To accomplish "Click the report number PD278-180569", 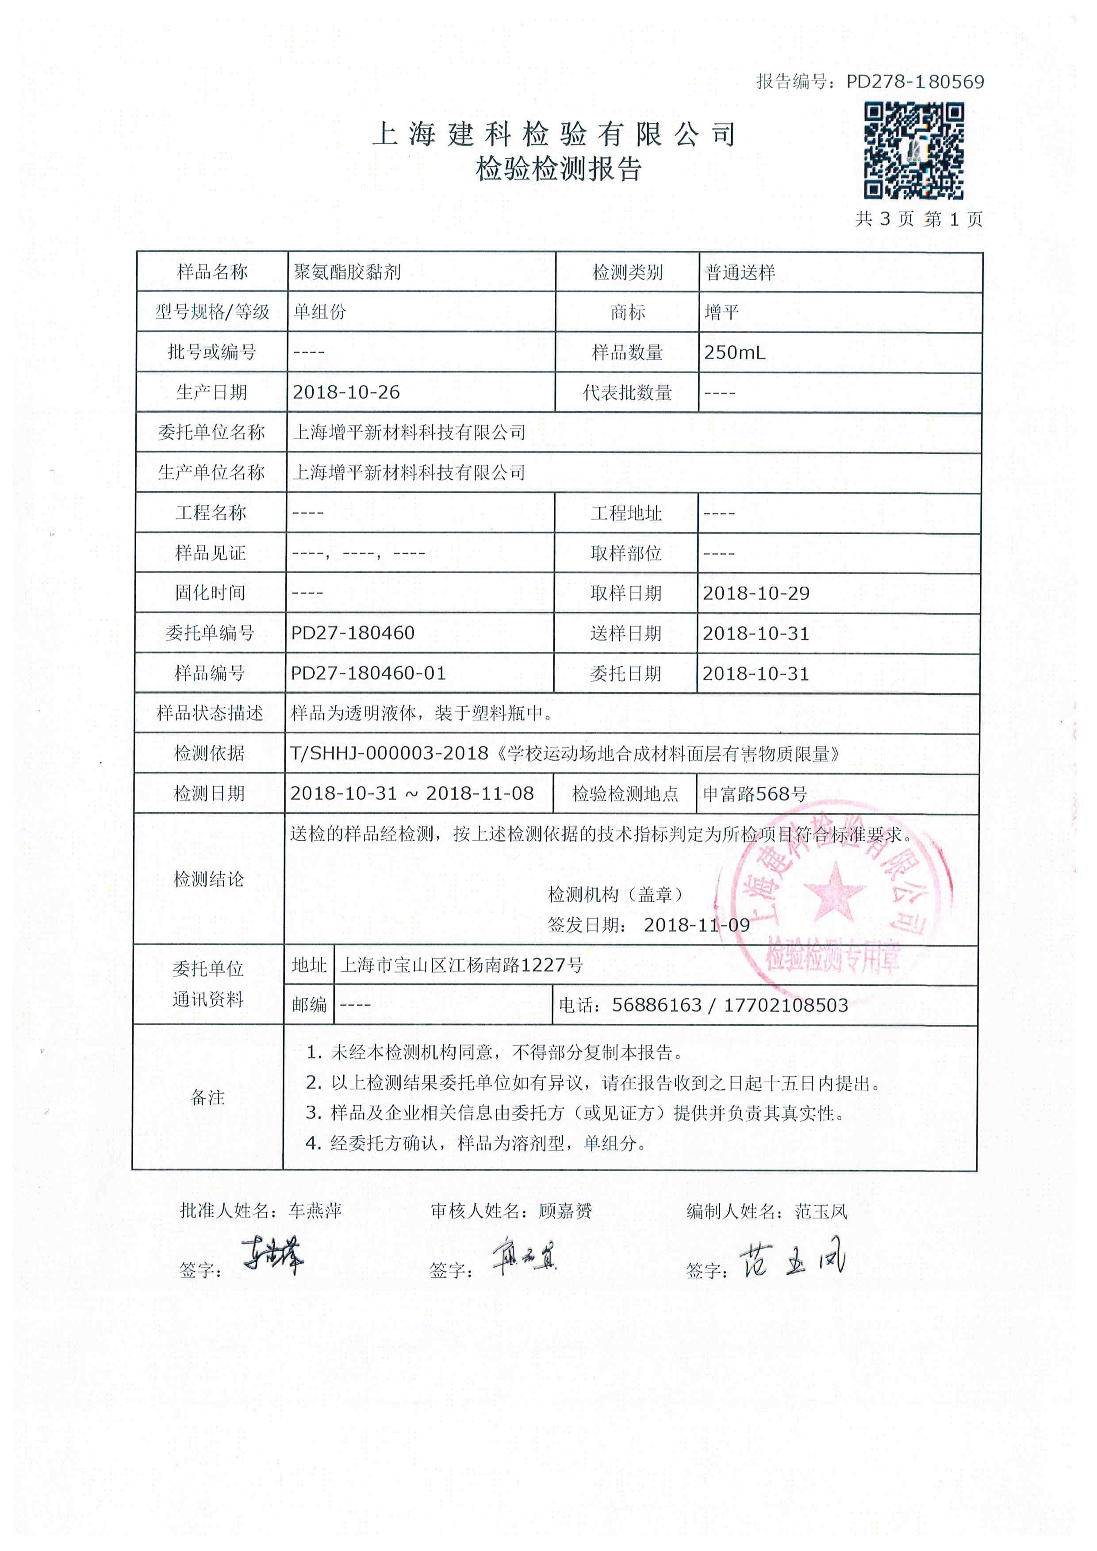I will click(x=915, y=82).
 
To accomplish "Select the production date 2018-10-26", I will click(x=346, y=392).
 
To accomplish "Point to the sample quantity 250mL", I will click(x=734, y=352).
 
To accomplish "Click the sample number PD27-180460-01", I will click(x=368, y=674).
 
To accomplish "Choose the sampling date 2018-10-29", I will click(x=756, y=593).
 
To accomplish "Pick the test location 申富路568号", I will click(x=755, y=794).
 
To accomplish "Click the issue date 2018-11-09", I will click(x=696, y=925).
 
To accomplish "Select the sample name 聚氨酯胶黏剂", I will click(x=347, y=272).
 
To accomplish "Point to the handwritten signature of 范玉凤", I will click(x=793, y=1260).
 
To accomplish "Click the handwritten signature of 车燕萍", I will click(x=273, y=1256).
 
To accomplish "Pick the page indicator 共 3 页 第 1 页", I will click(x=919, y=219).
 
